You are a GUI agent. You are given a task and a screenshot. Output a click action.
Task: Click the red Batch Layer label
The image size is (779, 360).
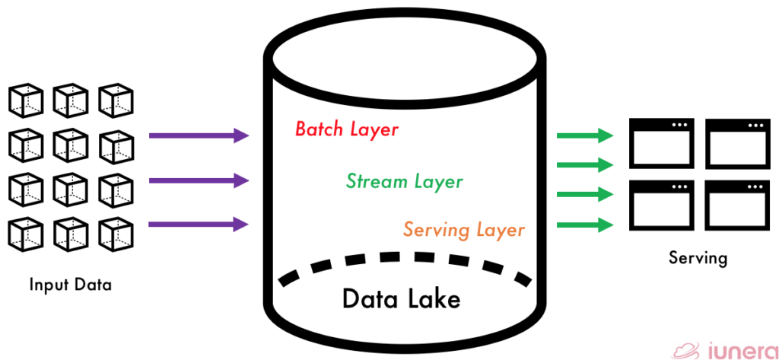tap(346, 129)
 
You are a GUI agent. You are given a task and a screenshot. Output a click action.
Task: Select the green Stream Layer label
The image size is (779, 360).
tap(404, 181)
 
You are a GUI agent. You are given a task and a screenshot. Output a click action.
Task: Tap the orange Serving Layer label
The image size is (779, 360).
tap(463, 229)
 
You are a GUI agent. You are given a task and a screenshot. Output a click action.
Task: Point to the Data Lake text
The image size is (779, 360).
tap(401, 298)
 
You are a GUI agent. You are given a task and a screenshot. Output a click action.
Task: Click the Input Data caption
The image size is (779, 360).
tap(70, 285)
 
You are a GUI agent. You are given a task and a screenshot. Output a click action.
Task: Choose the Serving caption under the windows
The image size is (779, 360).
tap(698, 257)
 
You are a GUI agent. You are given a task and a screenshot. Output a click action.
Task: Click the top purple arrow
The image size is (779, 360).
tap(199, 136)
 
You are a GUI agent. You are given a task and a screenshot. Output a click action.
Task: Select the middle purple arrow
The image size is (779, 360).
tap(199, 180)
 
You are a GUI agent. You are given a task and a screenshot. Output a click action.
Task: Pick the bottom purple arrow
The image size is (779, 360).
tap(199, 224)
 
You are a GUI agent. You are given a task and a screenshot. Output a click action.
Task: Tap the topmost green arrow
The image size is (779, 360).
tap(584, 136)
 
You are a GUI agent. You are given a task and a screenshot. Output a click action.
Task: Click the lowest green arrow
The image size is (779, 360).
tap(584, 225)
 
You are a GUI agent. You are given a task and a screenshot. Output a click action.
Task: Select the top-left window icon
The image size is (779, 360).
tap(661, 144)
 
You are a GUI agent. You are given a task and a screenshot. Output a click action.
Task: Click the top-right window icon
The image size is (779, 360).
tap(736, 144)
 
